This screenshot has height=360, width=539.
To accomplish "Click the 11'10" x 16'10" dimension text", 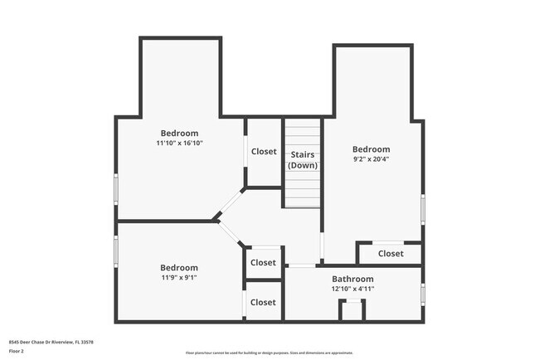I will (x=179, y=144).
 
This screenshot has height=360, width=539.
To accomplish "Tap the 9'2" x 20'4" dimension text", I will (x=371, y=160).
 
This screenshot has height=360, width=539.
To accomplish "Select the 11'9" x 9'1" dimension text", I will (x=179, y=278).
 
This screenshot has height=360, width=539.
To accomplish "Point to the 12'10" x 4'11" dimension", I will (x=353, y=289).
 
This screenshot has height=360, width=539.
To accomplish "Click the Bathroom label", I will (x=353, y=279).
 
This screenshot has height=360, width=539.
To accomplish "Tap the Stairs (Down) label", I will (x=303, y=160).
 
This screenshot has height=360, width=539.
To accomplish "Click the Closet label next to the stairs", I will (x=264, y=152).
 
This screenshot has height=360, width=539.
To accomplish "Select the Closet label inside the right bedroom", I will (x=391, y=254).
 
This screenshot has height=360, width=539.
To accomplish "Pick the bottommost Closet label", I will (x=263, y=303).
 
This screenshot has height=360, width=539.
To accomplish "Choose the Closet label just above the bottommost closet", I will (x=263, y=263).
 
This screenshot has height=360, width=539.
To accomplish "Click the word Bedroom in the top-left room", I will (x=179, y=133).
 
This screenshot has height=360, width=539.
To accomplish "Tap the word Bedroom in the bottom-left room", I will (x=179, y=268).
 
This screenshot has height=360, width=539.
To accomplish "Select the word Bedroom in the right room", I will (x=371, y=149).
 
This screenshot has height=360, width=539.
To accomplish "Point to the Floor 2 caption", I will (x=17, y=352).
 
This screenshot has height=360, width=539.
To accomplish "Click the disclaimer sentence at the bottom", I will (x=269, y=353).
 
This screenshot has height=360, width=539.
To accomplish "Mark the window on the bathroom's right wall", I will (x=422, y=294).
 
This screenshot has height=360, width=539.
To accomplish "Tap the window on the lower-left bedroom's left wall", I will (x=116, y=248).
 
